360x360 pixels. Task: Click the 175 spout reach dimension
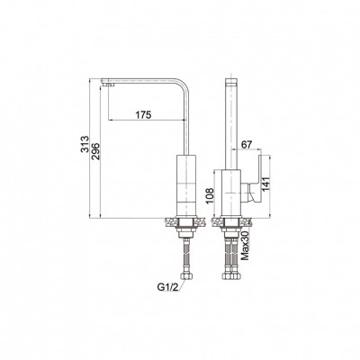pyautogui.click(x=143, y=114)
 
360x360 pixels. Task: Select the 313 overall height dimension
pyautogui.click(x=85, y=145)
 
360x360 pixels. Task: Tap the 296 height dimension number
pyautogui.click(x=95, y=151)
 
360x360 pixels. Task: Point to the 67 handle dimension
pyautogui.click(x=247, y=144)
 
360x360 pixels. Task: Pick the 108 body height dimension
pyautogui.click(x=210, y=195)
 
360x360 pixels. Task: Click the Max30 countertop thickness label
pyautogui.click(x=245, y=246)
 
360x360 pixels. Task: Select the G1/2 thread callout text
pyautogui.click(x=167, y=287)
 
